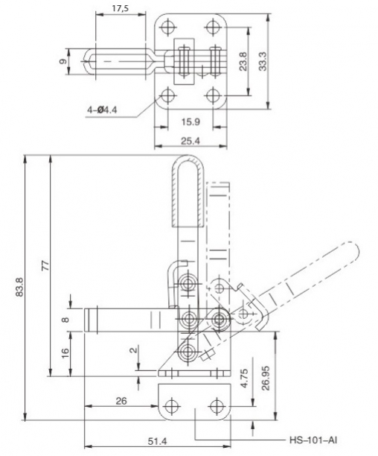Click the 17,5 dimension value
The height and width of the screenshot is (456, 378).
pyautogui.click(x=121, y=8)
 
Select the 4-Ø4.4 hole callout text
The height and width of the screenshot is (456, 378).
pyautogui.click(x=102, y=110)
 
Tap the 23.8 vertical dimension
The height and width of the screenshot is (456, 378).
pyautogui.click(x=243, y=61)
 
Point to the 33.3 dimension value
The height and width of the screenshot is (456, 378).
pyautogui.click(x=263, y=61)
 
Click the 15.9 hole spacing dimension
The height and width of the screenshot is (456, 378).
pyautogui.click(x=190, y=121)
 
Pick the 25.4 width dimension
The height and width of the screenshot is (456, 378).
pyautogui.click(x=190, y=141)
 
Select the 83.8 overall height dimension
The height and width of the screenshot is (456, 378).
pyautogui.click(x=19, y=287)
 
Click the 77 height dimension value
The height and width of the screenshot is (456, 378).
pyautogui.click(x=46, y=266)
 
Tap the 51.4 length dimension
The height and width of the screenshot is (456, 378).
pyautogui.click(x=157, y=441)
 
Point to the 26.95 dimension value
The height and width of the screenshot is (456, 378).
pyautogui.click(x=266, y=378)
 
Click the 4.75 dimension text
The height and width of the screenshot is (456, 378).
pyautogui.click(x=245, y=378)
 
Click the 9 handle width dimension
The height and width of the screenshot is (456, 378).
pyautogui.click(x=63, y=61)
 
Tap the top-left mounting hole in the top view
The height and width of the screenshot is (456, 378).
pyautogui.click(x=167, y=27)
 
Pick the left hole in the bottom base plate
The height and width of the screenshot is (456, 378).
pyautogui.click(x=172, y=405)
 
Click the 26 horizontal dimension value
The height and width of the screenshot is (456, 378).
pyautogui.click(x=121, y=401)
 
